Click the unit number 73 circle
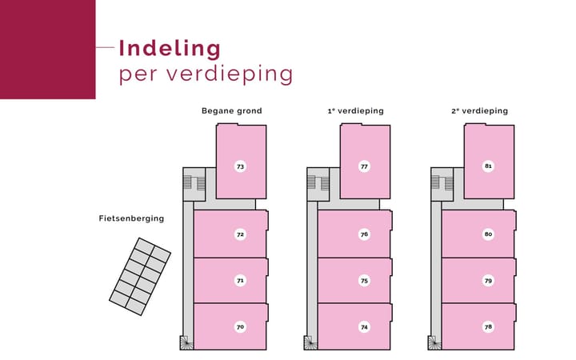pos(240,166)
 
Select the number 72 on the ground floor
pos(240,234)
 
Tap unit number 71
pos(240,281)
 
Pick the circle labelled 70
pos(240,327)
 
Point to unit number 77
pos(364,166)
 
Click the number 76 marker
pos(364,234)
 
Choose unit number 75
pos(364,281)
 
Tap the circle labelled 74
pos(364,327)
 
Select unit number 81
pos(488,166)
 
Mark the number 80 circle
pos(488,234)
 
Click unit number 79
pos(488,281)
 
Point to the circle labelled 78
pos(488,326)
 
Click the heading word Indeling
pos(170,50)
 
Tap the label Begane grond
pos(232,111)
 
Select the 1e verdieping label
pos(355,111)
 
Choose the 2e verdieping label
pos(480,111)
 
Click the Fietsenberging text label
pos(131,218)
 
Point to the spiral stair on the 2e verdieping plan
pos(435,342)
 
